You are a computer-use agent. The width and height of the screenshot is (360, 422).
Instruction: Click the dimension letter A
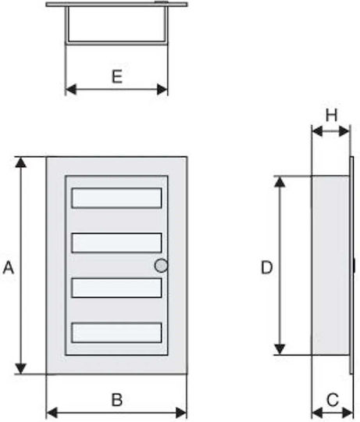pos(9,267)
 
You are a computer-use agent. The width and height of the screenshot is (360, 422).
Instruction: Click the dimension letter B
pos(117,399)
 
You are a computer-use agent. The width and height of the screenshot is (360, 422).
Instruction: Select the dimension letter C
pos(333,399)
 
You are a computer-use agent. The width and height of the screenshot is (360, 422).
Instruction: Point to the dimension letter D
pos(267,267)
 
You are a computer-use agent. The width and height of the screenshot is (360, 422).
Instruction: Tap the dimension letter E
pos(117,77)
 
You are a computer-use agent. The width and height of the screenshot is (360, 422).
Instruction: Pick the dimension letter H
pos(331,115)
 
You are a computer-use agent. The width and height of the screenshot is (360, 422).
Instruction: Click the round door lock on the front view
pos(161,266)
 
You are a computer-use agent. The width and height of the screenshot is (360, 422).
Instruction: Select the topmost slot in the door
pos(116,198)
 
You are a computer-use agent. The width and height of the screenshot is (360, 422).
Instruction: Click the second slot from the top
pos(116,243)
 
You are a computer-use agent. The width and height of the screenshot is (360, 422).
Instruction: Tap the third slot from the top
pos(116,288)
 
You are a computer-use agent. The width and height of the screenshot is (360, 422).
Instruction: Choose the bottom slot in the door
pos(116,333)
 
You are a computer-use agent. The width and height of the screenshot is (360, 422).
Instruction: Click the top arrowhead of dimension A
pos(21,163)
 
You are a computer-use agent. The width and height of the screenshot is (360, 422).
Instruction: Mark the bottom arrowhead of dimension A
pos(21,368)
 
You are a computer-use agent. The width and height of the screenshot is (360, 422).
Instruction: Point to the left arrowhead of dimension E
pos(71,89)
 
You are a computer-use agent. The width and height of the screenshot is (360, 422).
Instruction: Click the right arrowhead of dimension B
pos(181,413)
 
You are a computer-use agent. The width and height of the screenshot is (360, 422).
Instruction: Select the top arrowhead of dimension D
pos(280,182)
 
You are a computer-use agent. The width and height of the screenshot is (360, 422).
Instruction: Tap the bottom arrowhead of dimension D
pos(280,349)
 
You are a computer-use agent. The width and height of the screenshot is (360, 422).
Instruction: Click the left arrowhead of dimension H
pos(317,131)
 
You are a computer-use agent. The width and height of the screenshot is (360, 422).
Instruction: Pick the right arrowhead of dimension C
pos(348,413)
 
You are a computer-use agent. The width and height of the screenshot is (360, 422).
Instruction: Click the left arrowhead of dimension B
pos(52,413)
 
